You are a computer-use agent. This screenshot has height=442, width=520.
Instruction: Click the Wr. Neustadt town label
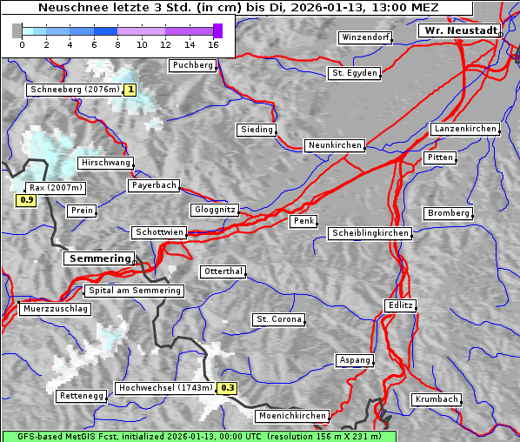460,30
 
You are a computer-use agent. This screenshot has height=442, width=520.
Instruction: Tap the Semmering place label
99,258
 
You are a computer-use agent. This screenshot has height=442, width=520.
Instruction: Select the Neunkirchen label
334,145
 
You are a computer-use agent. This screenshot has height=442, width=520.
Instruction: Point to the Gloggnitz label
213,210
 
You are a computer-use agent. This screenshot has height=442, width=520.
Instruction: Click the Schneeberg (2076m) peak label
74,90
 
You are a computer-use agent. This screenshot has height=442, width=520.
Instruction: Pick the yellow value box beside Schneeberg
130,90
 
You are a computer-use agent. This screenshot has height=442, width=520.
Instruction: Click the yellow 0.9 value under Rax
26,201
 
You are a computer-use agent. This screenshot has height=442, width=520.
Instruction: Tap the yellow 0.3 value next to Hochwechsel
227,388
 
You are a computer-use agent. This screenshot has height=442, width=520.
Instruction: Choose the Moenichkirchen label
293,416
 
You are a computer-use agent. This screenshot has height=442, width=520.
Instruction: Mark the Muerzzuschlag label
55,309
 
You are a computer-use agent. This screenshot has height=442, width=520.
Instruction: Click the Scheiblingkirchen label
370,233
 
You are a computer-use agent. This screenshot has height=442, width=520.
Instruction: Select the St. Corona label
278,319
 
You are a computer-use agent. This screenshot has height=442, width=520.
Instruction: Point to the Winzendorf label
365,37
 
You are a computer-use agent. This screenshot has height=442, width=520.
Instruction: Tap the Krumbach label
436,399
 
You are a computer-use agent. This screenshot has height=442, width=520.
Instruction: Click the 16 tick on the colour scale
213,44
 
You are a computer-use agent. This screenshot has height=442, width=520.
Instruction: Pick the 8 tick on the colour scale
117,44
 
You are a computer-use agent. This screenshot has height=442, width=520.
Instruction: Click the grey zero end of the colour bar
17,31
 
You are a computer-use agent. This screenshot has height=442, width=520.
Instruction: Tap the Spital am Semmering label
134,291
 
